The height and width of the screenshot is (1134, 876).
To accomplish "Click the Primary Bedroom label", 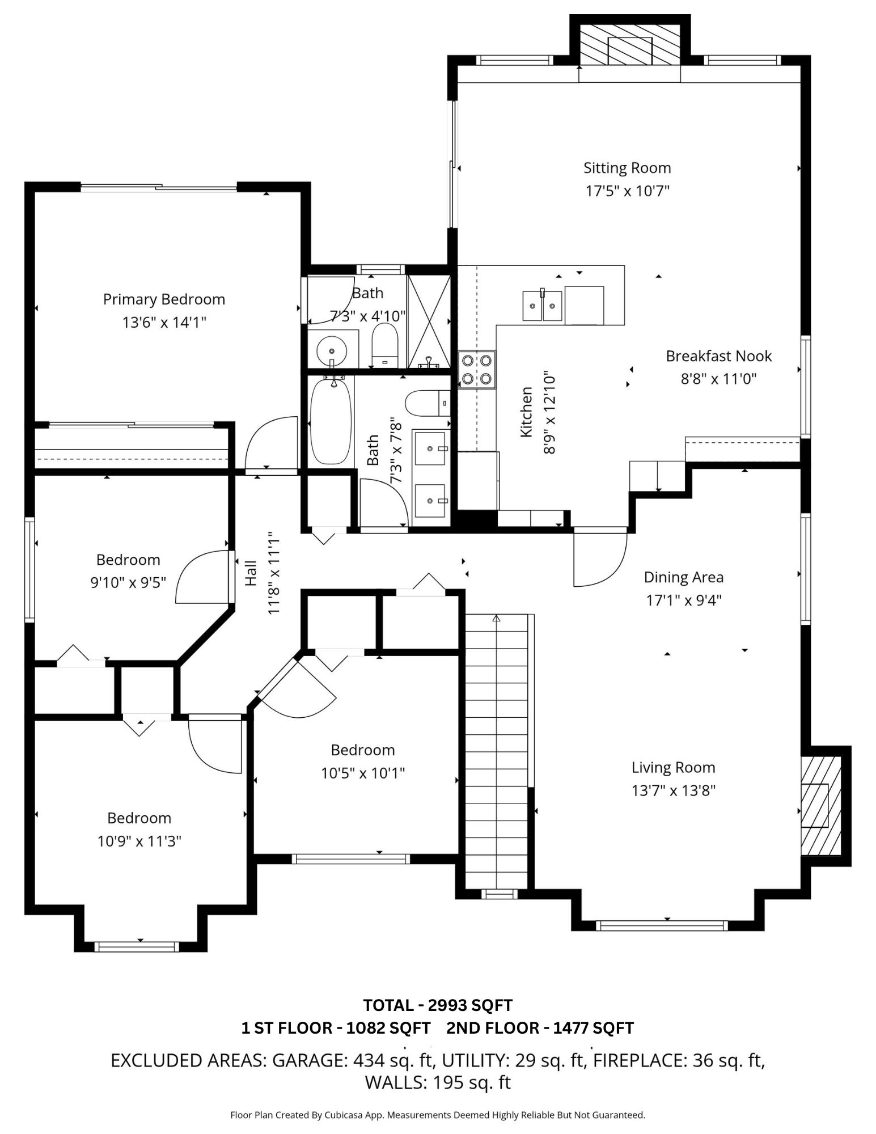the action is point(164,299).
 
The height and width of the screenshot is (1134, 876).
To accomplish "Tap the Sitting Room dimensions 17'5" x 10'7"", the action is point(627,191).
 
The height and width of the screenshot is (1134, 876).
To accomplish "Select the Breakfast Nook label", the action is point(718,356).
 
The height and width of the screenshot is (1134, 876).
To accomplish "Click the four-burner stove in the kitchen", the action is point(477,369).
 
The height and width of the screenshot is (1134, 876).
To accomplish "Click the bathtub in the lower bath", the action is point(331,420).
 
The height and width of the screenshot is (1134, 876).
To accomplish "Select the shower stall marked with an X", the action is point(429,321).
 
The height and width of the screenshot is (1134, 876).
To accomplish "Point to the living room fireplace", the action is point(819,806).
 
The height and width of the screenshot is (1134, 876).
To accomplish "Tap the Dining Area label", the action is point(684,577).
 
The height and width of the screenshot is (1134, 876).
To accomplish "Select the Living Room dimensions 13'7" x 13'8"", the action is point(674,790).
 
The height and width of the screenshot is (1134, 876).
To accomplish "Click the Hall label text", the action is point(251,573).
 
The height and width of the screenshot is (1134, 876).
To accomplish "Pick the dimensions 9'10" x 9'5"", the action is point(128,582).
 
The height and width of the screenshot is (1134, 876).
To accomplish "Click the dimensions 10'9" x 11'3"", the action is point(139,841).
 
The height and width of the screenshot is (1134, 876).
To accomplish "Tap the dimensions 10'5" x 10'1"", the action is point(363,773).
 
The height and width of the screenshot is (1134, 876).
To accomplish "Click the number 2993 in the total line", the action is point(448,1005).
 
